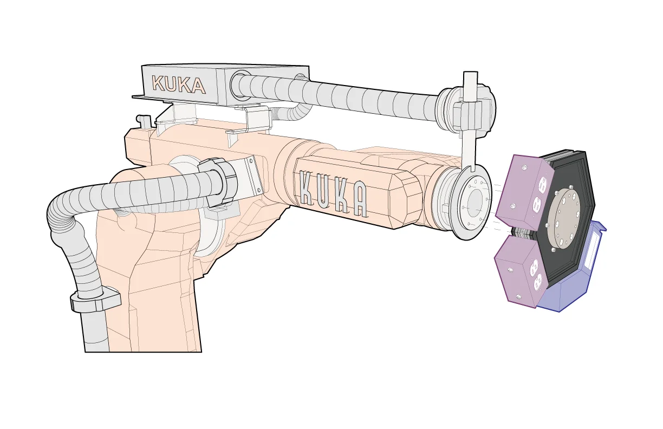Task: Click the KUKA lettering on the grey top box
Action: coord(178,84)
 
